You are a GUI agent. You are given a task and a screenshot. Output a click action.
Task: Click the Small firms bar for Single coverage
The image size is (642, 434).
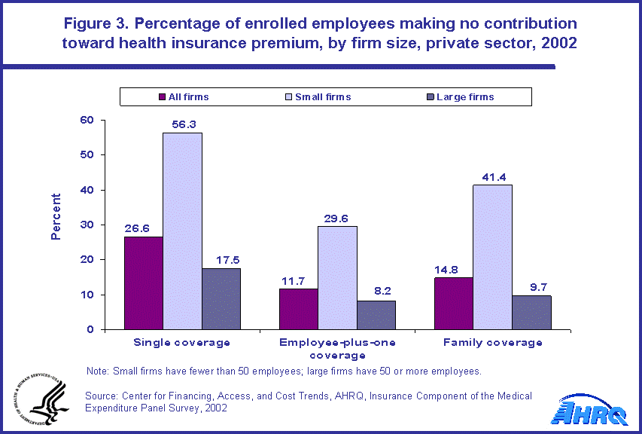[x=182, y=231]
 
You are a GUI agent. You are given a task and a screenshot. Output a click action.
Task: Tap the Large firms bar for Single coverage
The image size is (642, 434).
[x=221, y=298]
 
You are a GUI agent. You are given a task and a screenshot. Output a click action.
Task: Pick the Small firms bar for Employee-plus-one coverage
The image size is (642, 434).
[x=338, y=277]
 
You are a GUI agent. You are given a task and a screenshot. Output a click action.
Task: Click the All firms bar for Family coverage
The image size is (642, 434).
[x=454, y=303]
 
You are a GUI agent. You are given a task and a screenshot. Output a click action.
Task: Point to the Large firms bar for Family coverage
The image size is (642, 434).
[x=531, y=312]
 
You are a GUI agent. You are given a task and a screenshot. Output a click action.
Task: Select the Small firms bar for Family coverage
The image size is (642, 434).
[x=493, y=257]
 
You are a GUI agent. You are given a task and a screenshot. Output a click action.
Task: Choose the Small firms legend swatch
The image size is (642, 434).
[x=288, y=96]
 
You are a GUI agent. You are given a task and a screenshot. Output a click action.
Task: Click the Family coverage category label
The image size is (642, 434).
[x=493, y=343]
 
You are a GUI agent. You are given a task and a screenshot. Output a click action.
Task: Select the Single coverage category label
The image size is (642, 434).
[x=182, y=343]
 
